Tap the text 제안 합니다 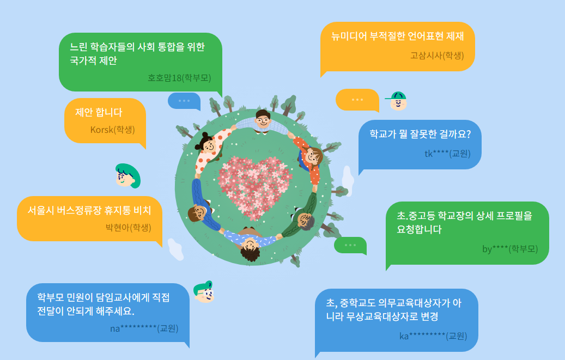pos(99,112)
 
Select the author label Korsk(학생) pos(112,130)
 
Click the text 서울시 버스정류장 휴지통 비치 pos(89,210)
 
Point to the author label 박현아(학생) pos(128,228)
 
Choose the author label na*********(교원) pos(144,328)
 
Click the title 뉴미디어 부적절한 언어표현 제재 pos(397,37)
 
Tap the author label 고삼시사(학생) pos(437,55)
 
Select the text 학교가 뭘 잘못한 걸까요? pos(420,134)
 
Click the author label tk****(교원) pos(447,154)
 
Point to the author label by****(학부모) pos(510,249)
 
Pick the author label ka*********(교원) pos(433,336)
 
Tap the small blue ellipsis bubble pos(184,101)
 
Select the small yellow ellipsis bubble pos(357,100)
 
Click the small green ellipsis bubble pos(350,245)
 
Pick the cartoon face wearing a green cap pos(398,101)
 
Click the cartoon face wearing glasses pos(204,293)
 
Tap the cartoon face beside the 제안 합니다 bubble pos(127,175)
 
